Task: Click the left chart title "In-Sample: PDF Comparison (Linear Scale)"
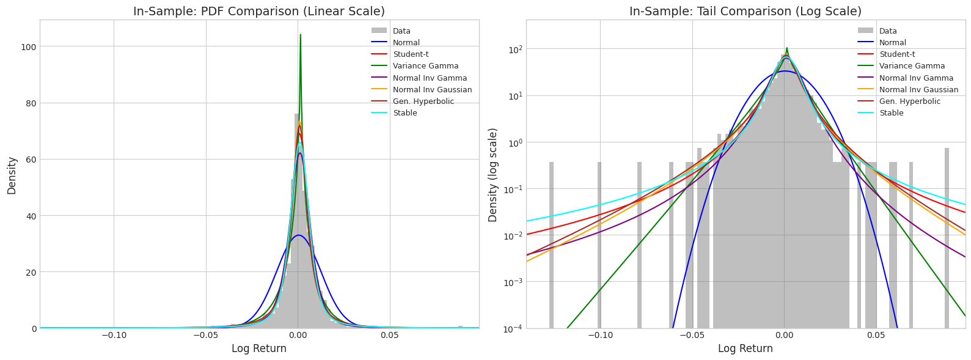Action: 259,12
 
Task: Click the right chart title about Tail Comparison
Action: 746,12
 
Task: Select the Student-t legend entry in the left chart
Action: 409,54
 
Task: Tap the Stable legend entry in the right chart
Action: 891,113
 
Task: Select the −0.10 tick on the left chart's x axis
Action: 114,336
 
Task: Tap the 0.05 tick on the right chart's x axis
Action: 876,336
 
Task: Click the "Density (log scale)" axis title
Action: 493,175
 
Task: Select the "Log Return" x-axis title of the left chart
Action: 259,349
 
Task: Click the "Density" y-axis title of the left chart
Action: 12,175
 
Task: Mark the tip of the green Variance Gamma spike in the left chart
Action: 300,35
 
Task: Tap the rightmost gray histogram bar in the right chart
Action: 947,238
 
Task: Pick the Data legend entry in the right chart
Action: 889,31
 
